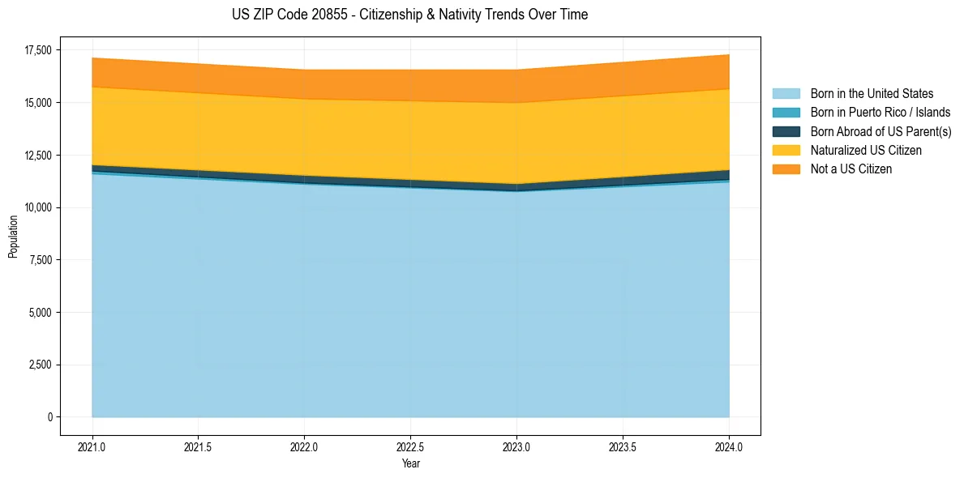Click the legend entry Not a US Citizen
[x=850, y=169]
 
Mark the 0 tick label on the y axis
[x=49, y=417]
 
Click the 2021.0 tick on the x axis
[x=92, y=446]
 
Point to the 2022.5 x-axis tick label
[x=410, y=446]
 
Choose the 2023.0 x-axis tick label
[x=516, y=446]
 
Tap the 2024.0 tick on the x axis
[x=729, y=446]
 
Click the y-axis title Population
[x=13, y=237]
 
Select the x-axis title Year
[x=410, y=463]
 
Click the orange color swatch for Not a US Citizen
[x=786, y=169]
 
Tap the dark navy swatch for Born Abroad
[x=786, y=131]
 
